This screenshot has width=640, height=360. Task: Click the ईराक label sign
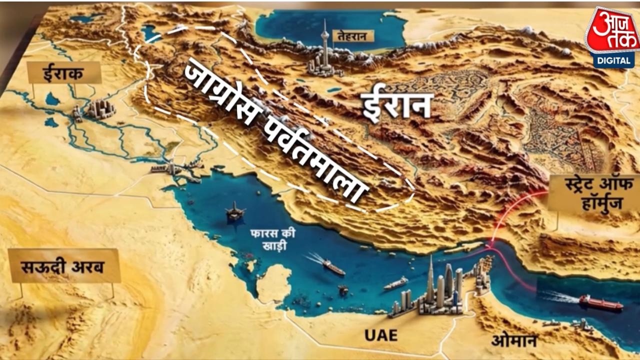64,73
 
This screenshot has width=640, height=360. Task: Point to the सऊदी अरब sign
64,265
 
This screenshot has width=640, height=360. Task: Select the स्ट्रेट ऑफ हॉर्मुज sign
593,192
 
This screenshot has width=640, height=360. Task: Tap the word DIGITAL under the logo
612,60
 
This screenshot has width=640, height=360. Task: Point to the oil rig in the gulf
235,212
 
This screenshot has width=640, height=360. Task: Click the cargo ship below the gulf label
332,267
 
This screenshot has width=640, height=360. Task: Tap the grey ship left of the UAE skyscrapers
395,283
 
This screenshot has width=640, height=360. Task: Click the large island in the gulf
274,282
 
